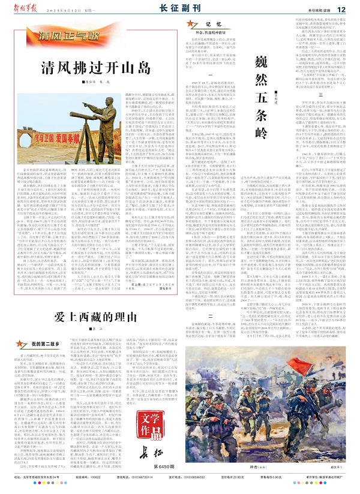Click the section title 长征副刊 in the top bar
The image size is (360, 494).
pos(178,10)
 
